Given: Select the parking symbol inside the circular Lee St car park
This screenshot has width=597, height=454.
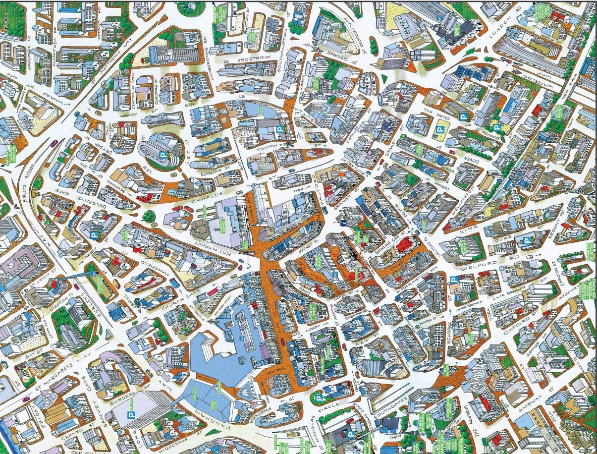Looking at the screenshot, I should pyautogui.click(x=162, y=155).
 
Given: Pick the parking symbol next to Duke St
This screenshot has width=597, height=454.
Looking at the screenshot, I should pyautogui.click(x=526, y=241).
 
